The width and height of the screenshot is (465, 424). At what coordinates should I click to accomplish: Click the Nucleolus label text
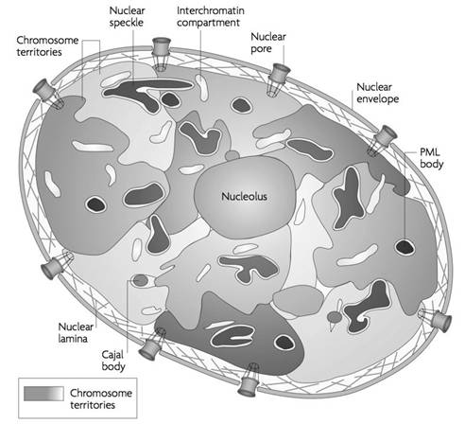244,197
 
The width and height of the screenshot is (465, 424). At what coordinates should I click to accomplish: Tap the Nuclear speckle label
127,16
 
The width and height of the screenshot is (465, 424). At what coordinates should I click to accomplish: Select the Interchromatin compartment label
211,16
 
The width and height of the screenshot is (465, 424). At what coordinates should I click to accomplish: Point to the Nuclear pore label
268,43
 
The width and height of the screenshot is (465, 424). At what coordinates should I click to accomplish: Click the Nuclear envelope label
377,93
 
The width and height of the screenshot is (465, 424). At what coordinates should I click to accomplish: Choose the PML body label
431,158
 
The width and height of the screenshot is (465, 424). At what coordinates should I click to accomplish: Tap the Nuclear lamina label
76,332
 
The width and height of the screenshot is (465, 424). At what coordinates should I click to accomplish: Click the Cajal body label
113,361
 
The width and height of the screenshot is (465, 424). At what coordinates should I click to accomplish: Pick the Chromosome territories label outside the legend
47,46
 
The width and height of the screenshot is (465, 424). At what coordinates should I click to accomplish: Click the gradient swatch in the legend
43,394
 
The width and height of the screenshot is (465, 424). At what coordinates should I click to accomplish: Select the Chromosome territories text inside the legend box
101,399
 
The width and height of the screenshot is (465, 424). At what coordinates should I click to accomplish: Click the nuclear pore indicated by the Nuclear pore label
278,79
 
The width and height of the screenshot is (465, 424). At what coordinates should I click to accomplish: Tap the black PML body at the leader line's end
405,247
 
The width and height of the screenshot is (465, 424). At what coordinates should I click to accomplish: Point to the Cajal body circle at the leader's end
141,280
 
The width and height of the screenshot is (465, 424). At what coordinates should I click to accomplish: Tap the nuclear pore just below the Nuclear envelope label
382,140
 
